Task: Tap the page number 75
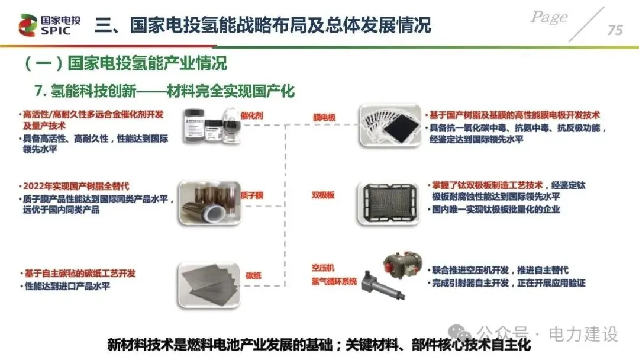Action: [x=615, y=30]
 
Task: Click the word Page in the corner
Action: [x=550, y=17]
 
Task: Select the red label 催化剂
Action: [x=251, y=116]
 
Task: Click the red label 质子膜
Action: [x=251, y=195]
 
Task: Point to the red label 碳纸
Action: [x=254, y=275]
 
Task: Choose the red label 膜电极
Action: [x=324, y=118]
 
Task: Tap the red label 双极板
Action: [x=323, y=195]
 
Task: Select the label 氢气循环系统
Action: [x=334, y=281]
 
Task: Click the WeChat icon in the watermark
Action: [x=461, y=333]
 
